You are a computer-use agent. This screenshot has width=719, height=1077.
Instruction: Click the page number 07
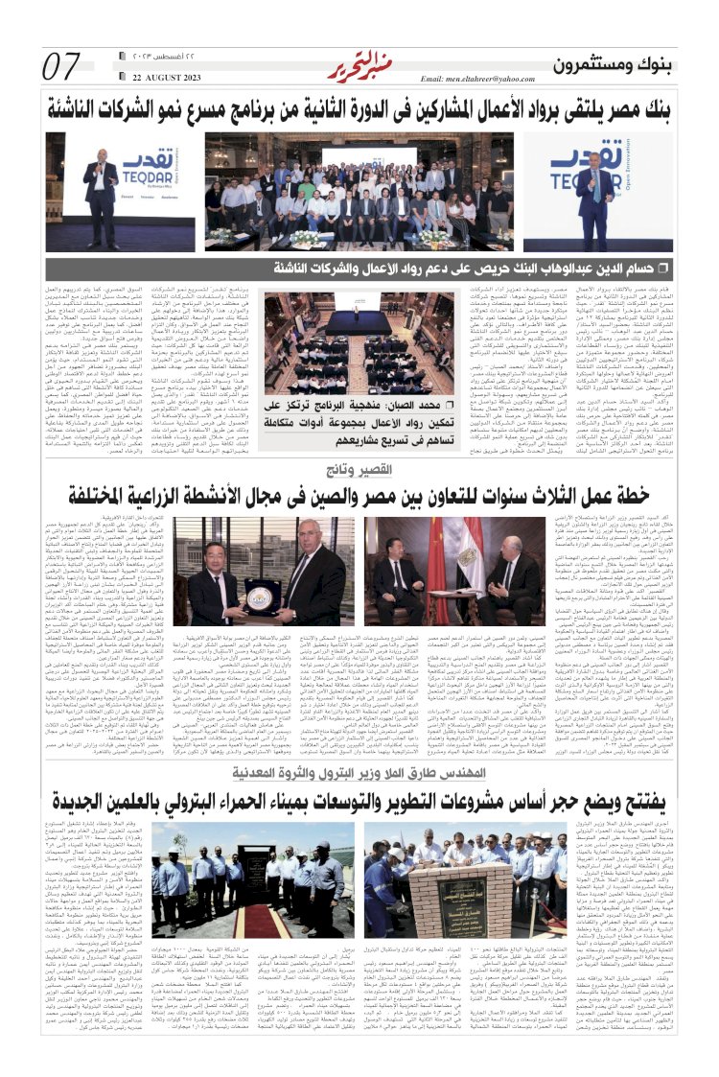[63, 67]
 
